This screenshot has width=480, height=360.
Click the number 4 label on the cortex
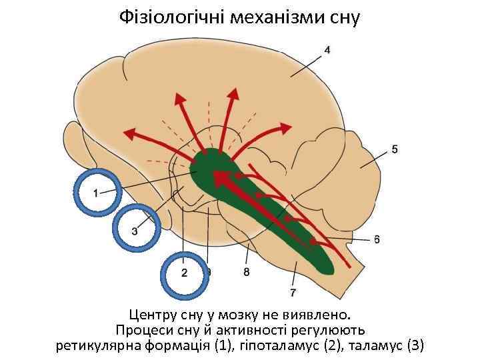point(327,50)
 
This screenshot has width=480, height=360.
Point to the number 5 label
point(395,150)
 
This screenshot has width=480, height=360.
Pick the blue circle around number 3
point(136,230)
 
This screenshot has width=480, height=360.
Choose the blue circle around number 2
point(185,273)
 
